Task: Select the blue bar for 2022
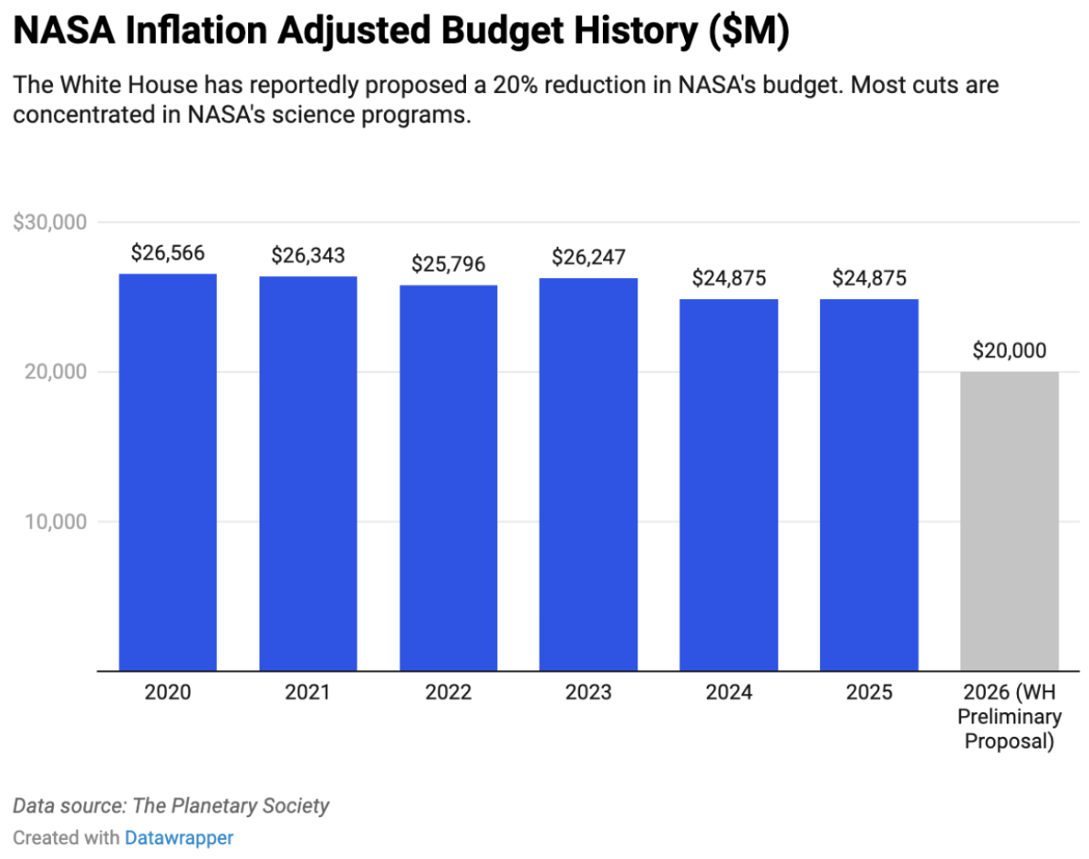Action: point(448,478)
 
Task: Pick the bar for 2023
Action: point(588,474)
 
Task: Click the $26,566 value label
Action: point(168,254)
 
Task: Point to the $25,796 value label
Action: point(448,264)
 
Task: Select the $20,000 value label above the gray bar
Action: point(1009,351)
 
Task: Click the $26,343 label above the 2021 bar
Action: point(308,256)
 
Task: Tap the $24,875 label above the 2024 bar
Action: point(729,278)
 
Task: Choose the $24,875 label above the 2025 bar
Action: point(869,278)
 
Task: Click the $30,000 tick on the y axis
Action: point(49,223)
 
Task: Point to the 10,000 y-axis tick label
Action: point(56,522)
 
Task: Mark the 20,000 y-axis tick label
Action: point(56,372)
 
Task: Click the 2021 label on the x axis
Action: point(308,693)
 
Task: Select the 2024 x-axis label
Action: point(729,693)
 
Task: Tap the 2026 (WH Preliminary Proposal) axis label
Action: point(1009,717)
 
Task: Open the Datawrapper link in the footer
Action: point(179,837)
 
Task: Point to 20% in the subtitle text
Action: point(517,87)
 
